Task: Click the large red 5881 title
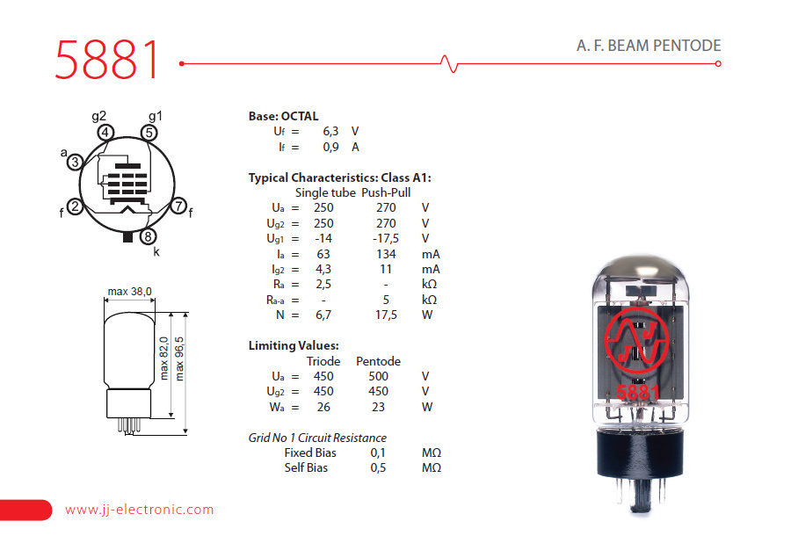(107, 60)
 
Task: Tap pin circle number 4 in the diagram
(105, 133)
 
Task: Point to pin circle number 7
(178, 207)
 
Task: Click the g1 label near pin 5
(155, 116)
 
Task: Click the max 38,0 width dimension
(129, 291)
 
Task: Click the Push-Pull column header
(386, 192)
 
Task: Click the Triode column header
(323, 361)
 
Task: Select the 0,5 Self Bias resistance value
(378, 467)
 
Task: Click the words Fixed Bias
(310, 452)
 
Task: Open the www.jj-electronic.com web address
(139, 510)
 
